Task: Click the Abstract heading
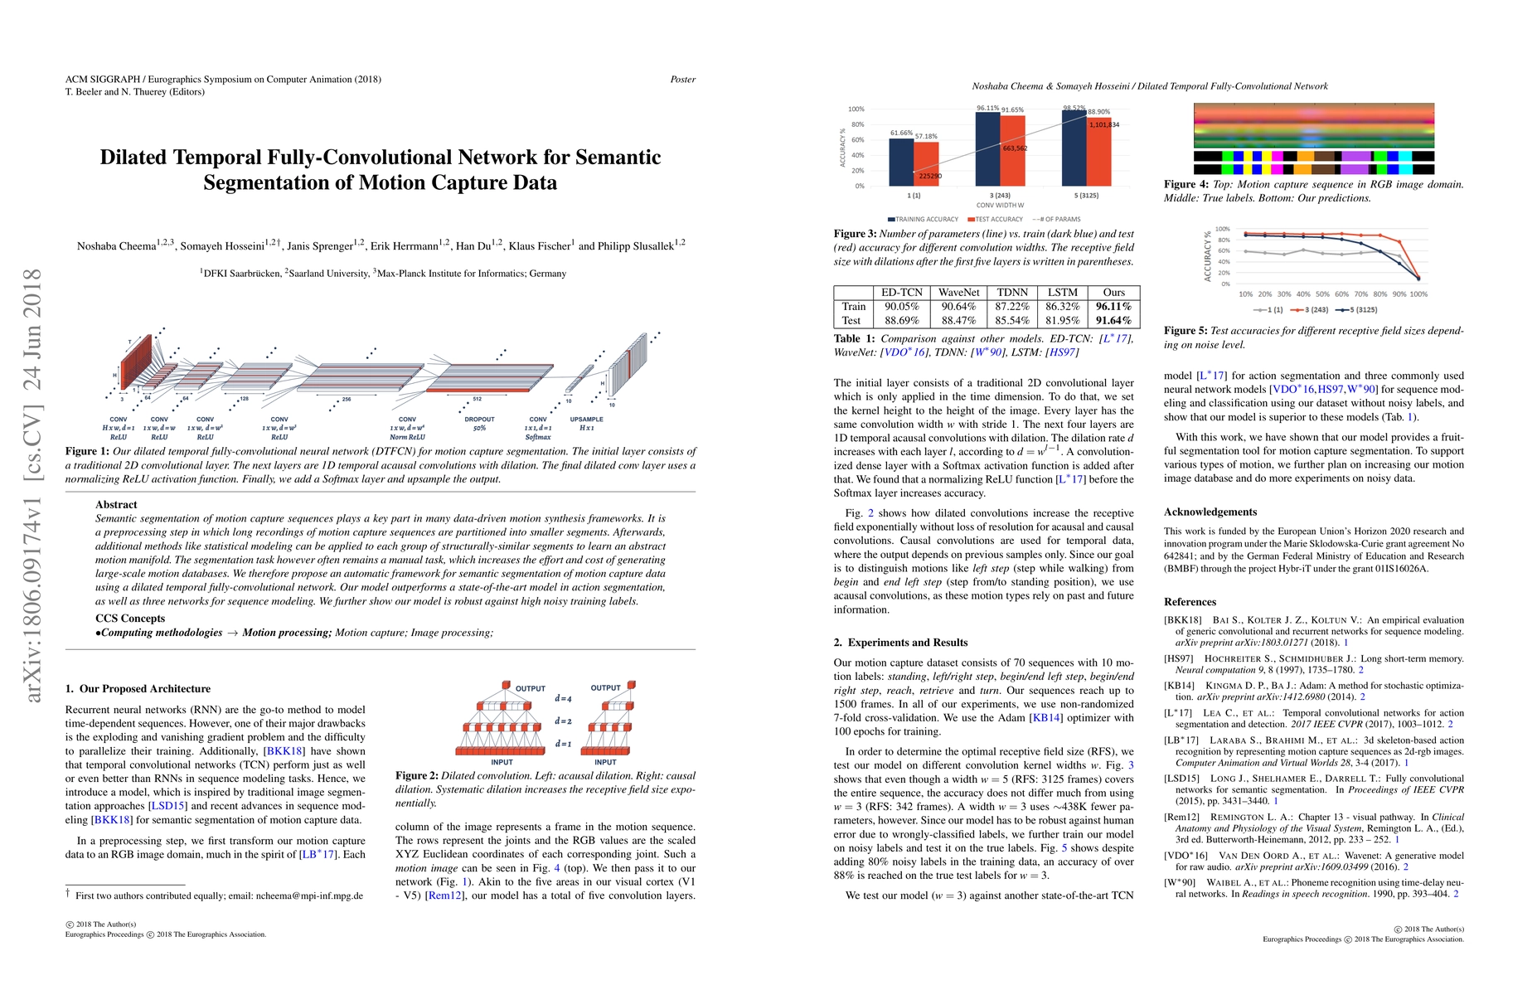click(116, 504)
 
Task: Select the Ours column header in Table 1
click(1113, 293)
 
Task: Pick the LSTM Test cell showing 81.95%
click(1062, 320)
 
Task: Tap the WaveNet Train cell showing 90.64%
click(958, 307)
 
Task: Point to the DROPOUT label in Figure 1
click(479, 420)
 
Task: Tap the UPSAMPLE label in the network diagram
click(586, 420)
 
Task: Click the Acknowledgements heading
click(1210, 512)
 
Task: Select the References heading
click(1190, 602)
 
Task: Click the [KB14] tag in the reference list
click(1179, 686)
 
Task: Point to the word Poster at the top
click(682, 80)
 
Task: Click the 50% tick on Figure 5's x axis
click(1322, 294)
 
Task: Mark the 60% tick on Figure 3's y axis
click(856, 140)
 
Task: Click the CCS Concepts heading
click(130, 619)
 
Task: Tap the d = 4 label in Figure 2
click(563, 699)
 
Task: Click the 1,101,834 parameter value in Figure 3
click(1103, 125)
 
